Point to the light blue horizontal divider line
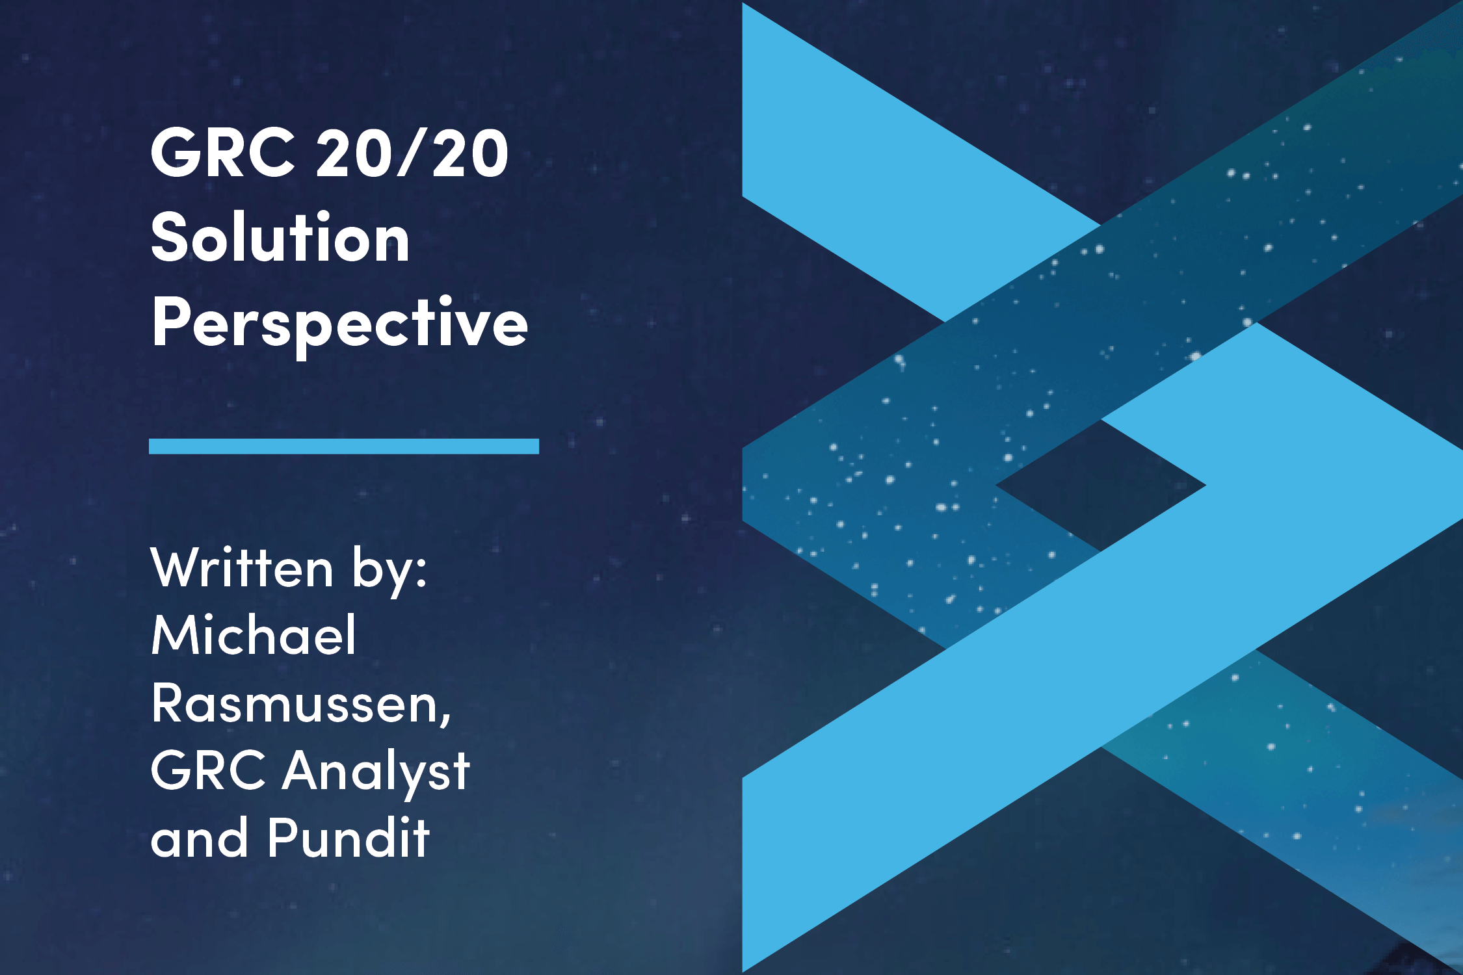344,446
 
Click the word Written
242,567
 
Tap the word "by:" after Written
389,571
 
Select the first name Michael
254,634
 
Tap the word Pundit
349,837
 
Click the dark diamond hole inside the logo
1100,486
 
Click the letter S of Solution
168,237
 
